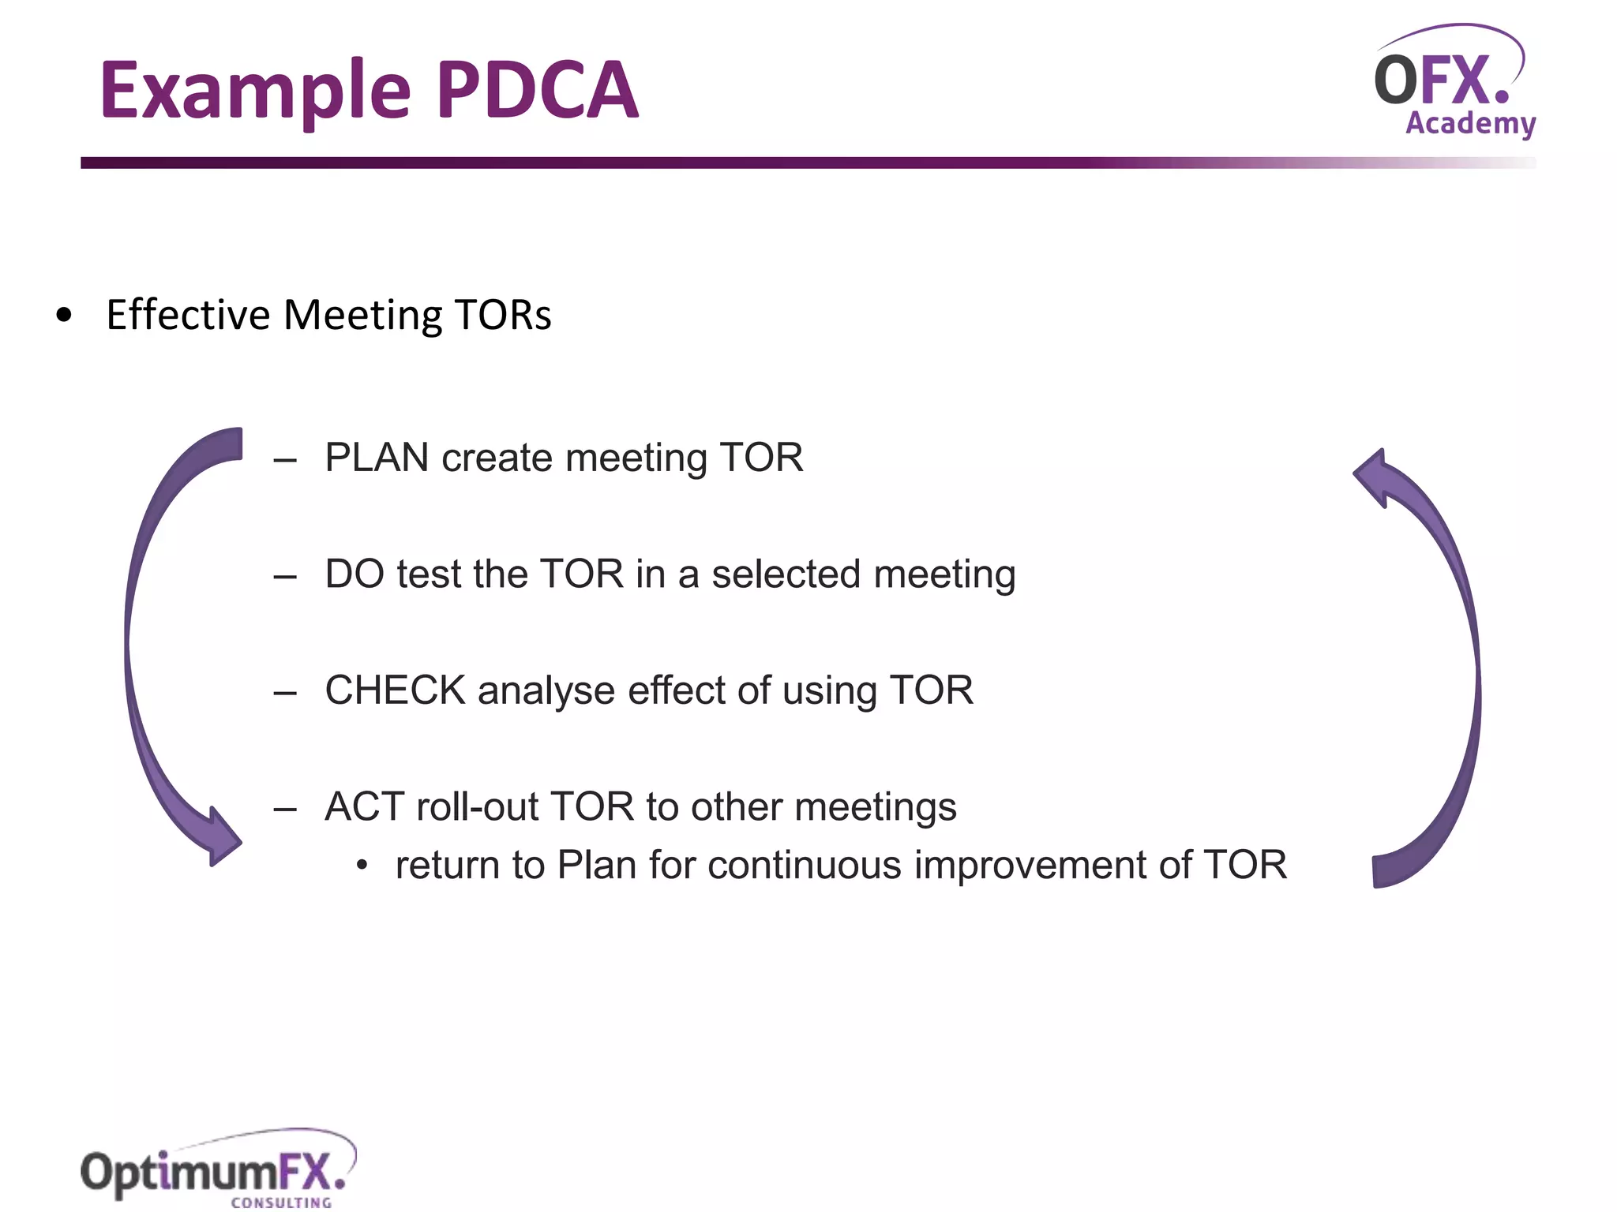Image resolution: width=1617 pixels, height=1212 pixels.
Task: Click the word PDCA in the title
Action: (x=538, y=91)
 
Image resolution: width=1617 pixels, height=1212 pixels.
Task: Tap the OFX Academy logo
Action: (x=1454, y=83)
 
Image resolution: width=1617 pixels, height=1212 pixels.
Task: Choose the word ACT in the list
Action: (x=364, y=806)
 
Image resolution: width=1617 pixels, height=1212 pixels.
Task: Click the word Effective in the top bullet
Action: (x=188, y=315)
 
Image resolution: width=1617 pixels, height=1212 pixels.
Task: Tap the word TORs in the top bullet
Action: (x=502, y=315)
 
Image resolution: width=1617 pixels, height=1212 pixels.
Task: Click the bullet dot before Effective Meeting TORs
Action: (x=64, y=316)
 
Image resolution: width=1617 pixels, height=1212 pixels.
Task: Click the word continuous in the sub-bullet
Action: (x=805, y=865)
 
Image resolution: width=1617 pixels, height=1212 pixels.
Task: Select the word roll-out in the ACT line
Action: (x=477, y=806)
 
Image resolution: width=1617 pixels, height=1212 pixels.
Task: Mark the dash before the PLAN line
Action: (x=285, y=459)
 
